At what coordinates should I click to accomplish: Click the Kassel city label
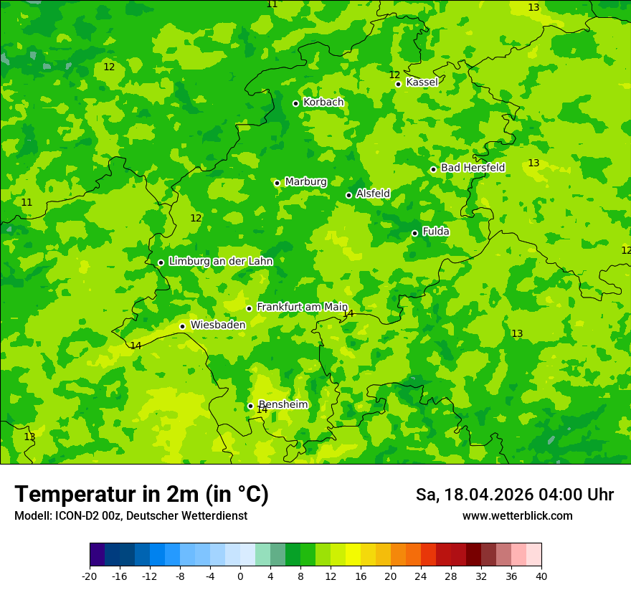[x=422, y=82]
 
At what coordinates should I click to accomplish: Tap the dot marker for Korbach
[x=295, y=103]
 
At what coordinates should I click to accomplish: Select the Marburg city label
[x=305, y=182]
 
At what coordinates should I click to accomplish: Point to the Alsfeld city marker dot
[x=348, y=195]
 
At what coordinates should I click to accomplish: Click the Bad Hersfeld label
[x=473, y=168]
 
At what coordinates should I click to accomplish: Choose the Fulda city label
[x=435, y=232]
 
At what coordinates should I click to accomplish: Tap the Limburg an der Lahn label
[x=220, y=262]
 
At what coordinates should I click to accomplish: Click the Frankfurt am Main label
[x=302, y=307]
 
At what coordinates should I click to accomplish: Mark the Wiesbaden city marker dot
[x=182, y=326]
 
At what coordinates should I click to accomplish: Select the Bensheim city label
[x=283, y=404]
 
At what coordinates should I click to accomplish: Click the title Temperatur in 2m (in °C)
[x=141, y=495]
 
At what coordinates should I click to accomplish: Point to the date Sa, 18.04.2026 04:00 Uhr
[x=514, y=495]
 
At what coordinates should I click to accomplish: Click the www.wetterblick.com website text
[x=517, y=516]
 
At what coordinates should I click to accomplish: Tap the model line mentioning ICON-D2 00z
[x=131, y=516]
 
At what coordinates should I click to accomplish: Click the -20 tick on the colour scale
[x=90, y=576]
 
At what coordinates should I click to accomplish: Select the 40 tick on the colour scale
[x=541, y=576]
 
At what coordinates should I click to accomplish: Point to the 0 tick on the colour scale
[x=240, y=576]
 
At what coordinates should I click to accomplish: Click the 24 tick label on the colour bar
[x=421, y=576]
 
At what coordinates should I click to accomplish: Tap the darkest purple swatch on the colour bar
[x=97, y=555]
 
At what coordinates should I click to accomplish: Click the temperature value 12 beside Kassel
[x=394, y=75]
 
